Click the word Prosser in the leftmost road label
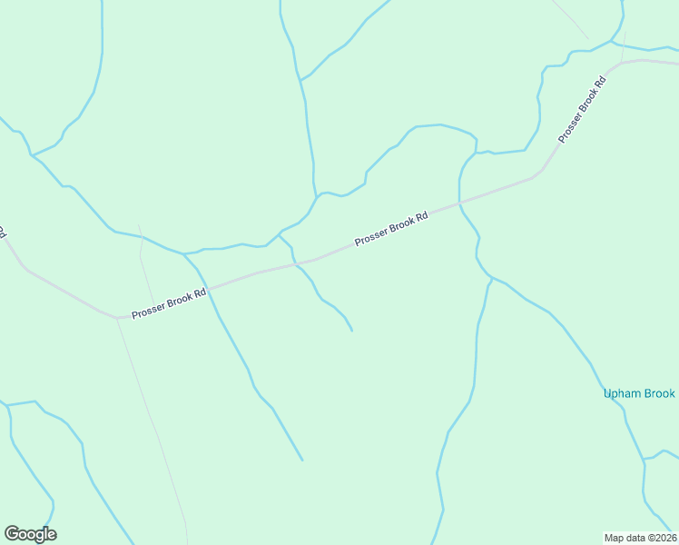coord(148,311)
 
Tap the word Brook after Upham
coord(659,393)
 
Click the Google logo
coord(30,534)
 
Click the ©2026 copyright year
coord(661,537)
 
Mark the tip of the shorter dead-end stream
coord(352,331)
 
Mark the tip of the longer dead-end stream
coord(302,460)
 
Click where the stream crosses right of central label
coord(460,203)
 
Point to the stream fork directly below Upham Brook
coord(645,461)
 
